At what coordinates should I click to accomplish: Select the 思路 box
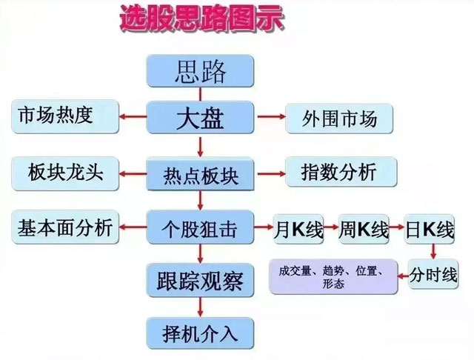[x=200, y=72]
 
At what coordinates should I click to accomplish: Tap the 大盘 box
[x=200, y=118]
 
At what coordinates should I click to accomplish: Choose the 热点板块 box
[x=200, y=175]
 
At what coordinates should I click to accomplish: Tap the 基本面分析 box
[x=65, y=227]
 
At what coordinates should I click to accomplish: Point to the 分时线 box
[x=433, y=276]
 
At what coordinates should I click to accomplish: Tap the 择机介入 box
[x=200, y=333]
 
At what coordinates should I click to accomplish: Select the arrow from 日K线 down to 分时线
[x=433, y=250]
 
